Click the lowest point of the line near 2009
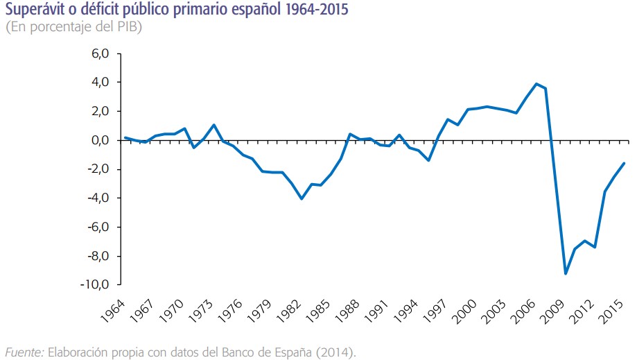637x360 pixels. pos(566,273)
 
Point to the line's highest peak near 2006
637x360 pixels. pos(536,84)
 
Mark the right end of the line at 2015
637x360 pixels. pos(625,163)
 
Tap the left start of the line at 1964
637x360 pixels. pos(125,137)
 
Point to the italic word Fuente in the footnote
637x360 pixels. pos(24,353)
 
